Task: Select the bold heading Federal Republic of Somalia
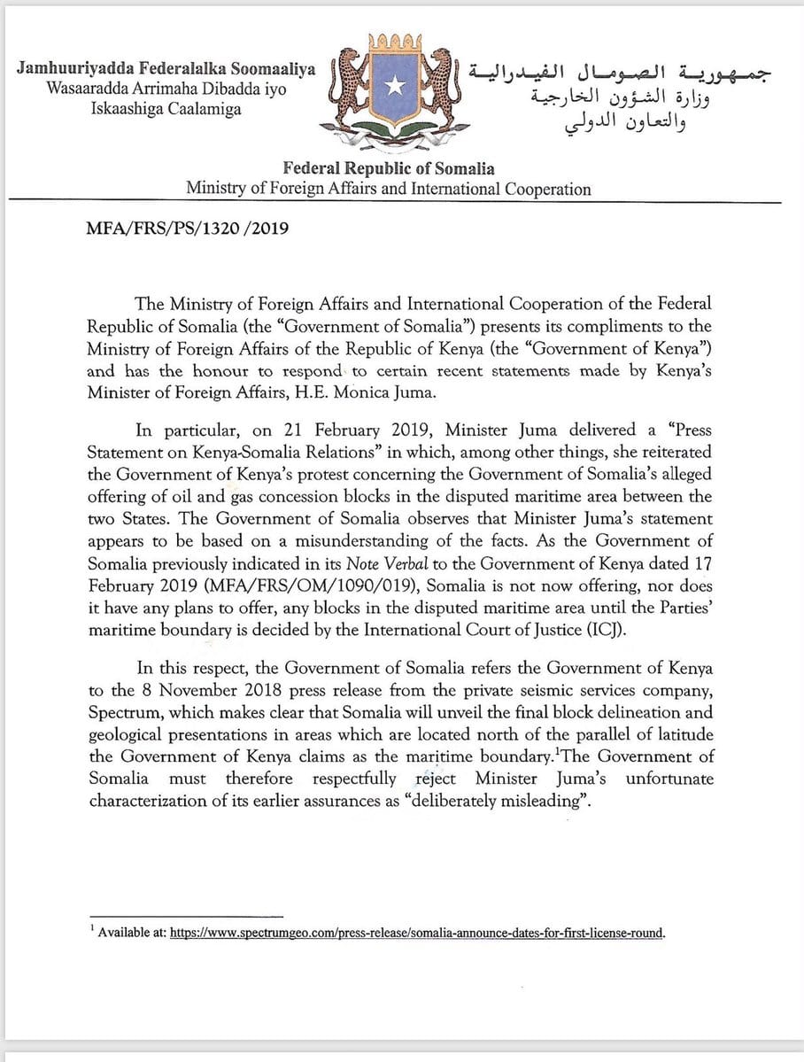[389, 168]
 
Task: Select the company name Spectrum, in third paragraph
[125, 713]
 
